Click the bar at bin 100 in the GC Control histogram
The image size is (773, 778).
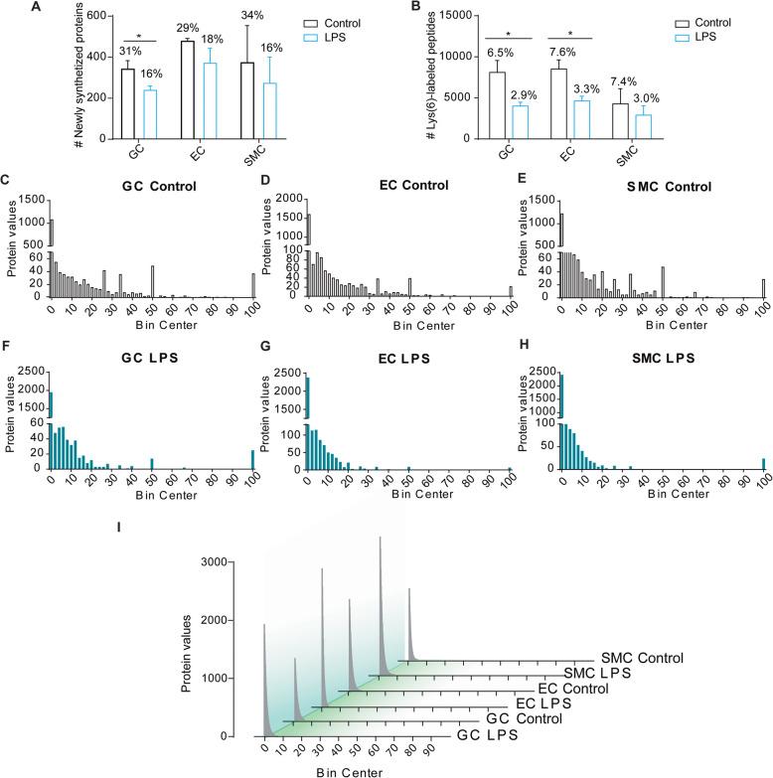coord(253,285)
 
